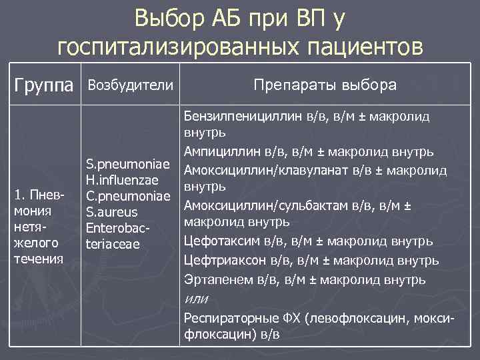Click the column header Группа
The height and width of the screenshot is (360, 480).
(45, 86)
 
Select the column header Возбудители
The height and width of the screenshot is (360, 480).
(131, 85)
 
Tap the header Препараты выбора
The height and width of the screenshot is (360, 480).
(325, 85)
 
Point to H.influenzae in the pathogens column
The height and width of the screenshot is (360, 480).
(121, 181)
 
